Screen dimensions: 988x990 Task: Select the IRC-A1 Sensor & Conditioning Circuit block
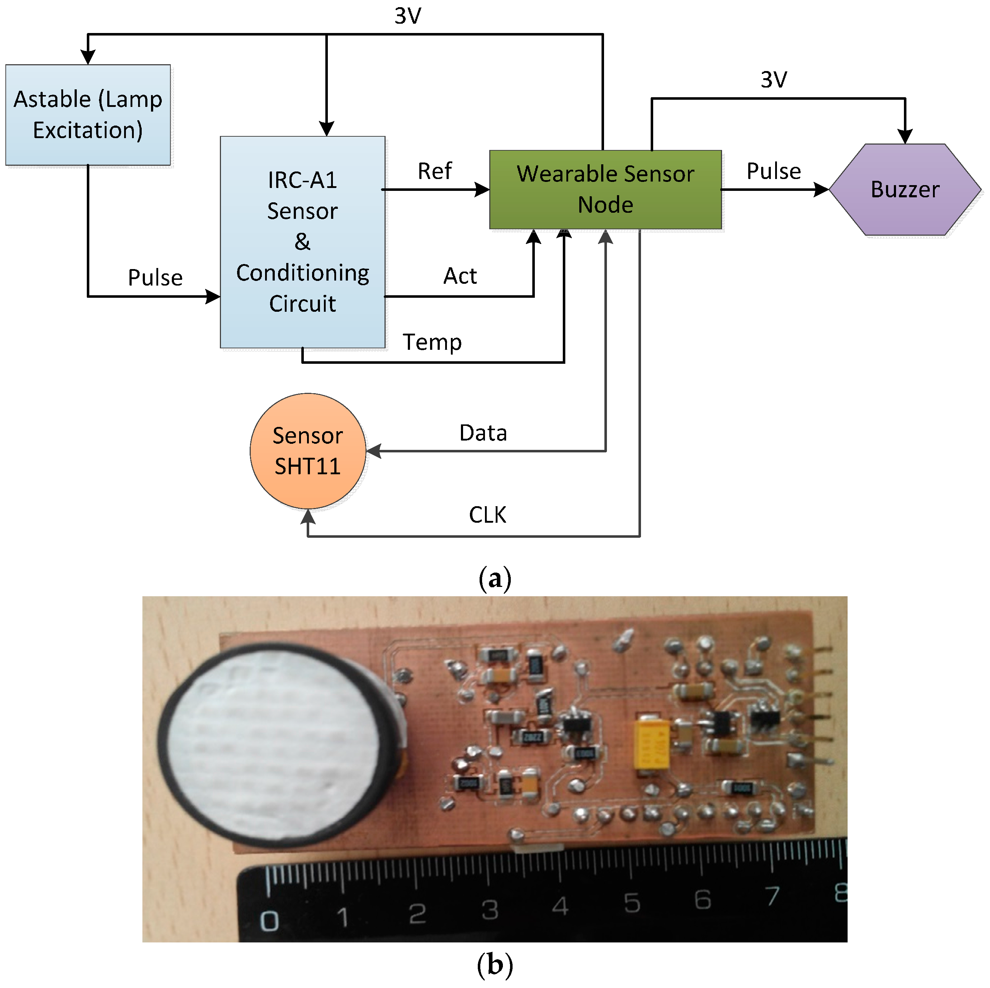[302, 242]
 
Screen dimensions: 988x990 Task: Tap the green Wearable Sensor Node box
[605, 189]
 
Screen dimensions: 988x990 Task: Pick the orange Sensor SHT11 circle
[307, 451]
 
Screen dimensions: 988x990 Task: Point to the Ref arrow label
[434, 171]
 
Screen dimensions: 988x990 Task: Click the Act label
[459, 276]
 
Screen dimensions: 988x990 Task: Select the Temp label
[432, 342]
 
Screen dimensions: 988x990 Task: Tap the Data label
[483, 433]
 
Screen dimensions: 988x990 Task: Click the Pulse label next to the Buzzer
[773, 171]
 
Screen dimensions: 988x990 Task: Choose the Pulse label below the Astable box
[155, 278]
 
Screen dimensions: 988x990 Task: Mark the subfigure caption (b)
[495, 965]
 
